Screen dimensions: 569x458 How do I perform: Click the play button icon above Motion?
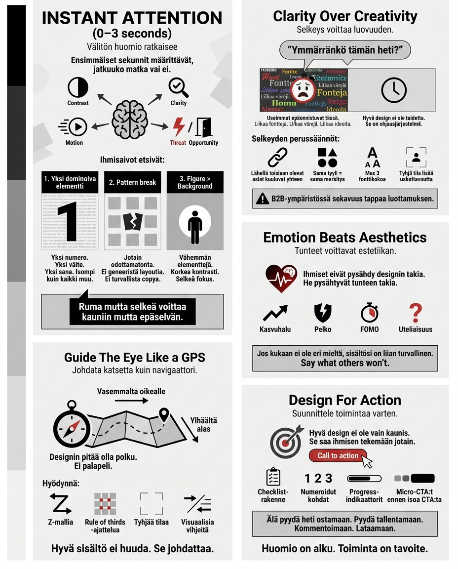pos(76,127)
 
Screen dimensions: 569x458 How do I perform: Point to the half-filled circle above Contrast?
pos(77,87)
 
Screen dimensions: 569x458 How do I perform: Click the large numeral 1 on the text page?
pos(68,222)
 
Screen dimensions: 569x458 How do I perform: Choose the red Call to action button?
pos(338,455)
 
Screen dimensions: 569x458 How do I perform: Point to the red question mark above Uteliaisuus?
pos(416,313)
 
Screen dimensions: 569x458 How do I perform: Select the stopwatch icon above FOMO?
pos(369,313)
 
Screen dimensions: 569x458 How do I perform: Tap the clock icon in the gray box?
pos(394,90)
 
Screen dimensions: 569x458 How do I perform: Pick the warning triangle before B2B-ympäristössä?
pos(262,199)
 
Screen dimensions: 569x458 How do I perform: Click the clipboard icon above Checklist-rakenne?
pos(272,477)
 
